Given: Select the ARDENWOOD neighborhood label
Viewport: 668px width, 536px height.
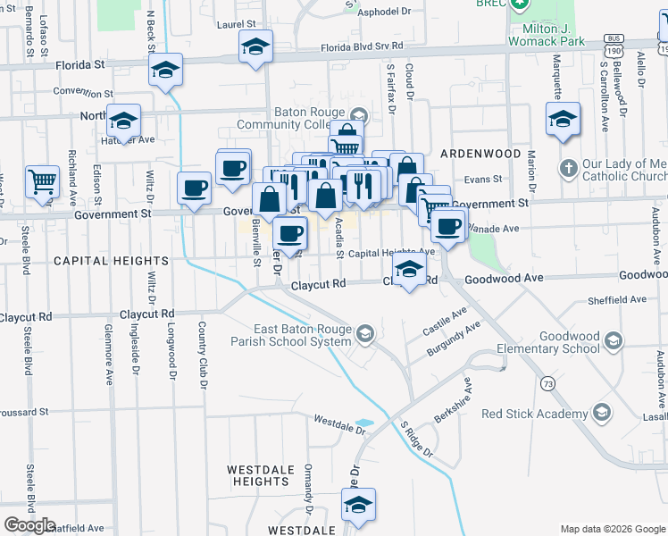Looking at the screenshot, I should coord(480,154).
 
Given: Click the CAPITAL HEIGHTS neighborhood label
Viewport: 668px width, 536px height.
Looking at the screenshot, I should coord(111,261).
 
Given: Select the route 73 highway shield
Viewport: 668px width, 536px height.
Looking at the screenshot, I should coord(547,383).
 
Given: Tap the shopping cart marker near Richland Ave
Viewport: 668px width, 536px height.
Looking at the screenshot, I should coord(42,182).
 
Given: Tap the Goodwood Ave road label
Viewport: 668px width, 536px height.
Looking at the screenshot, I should coord(504,279).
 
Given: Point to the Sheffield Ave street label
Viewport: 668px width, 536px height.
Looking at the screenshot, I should coord(616,301).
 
